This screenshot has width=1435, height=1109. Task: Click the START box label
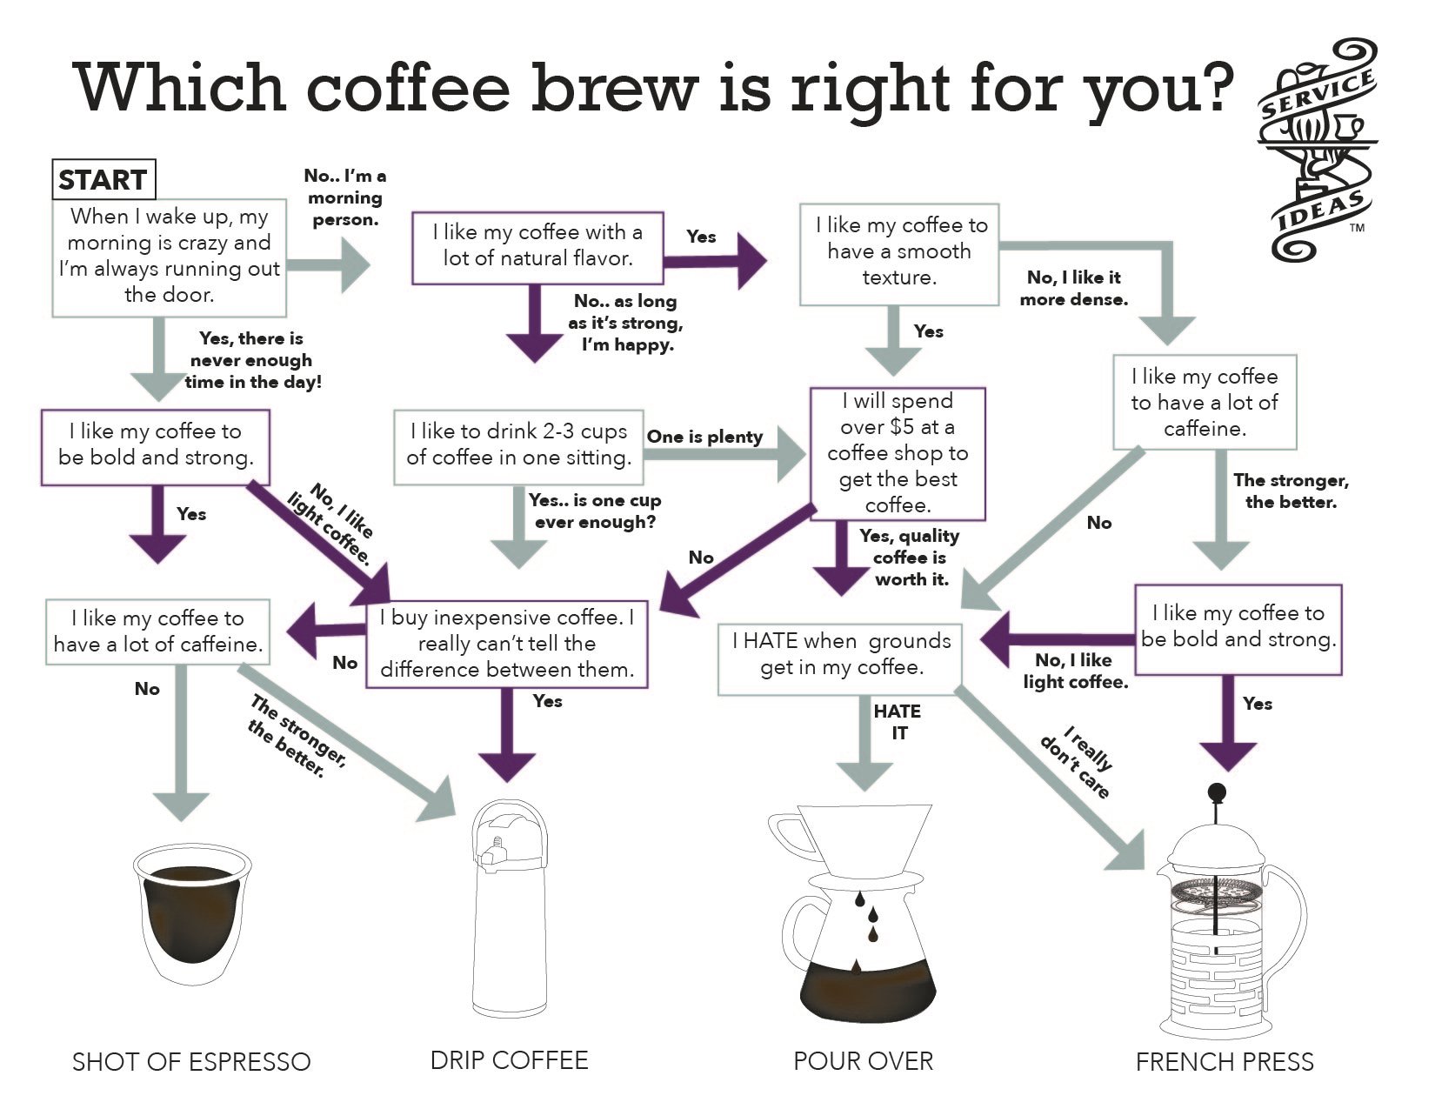click(x=103, y=180)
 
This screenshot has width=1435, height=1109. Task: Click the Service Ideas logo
click(x=1316, y=150)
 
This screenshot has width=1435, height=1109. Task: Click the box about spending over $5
click(x=897, y=453)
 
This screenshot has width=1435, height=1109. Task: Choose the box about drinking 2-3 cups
click(x=518, y=445)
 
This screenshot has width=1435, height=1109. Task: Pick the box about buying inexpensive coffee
click(x=507, y=644)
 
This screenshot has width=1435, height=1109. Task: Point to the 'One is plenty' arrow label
click(x=704, y=438)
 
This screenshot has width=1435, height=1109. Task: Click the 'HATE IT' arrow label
click(x=898, y=722)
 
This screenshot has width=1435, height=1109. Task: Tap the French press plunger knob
click(x=1217, y=792)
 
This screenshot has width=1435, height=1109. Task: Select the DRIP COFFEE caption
click(x=510, y=1060)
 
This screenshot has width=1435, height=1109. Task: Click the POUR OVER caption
click(x=863, y=1061)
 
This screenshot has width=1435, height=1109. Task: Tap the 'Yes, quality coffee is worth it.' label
click(x=910, y=558)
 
